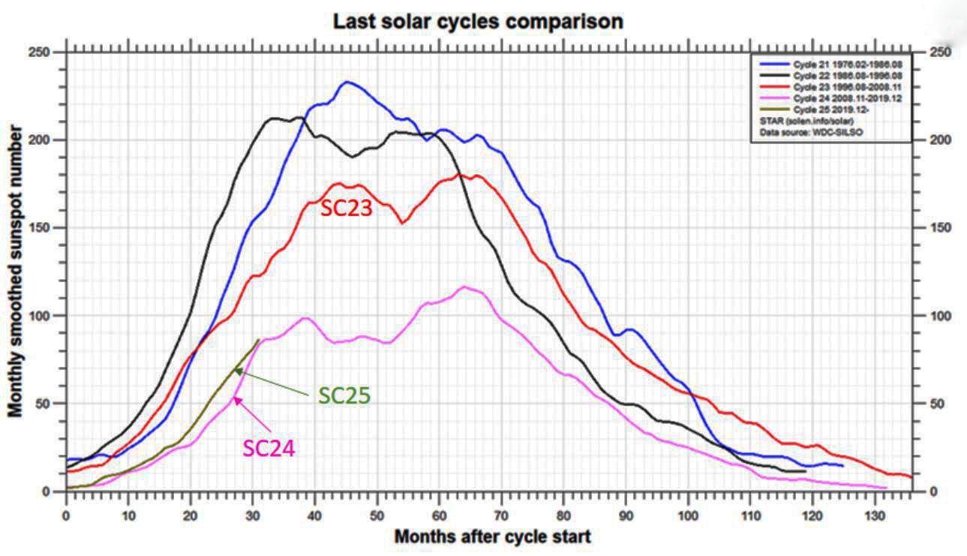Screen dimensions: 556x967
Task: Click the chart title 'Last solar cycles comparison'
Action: pyautogui.click(x=478, y=22)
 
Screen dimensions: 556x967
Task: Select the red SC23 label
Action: pyautogui.click(x=346, y=209)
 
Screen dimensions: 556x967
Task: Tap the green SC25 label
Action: pyautogui.click(x=344, y=395)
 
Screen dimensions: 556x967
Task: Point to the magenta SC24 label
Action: pyautogui.click(x=269, y=448)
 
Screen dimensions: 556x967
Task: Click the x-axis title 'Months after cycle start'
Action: pyautogui.click(x=492, y=536)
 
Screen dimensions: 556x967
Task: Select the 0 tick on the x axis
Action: pyautogui.click(x=67, y=517)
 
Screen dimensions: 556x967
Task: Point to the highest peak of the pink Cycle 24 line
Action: pyautogui.click(x=464, y=287)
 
